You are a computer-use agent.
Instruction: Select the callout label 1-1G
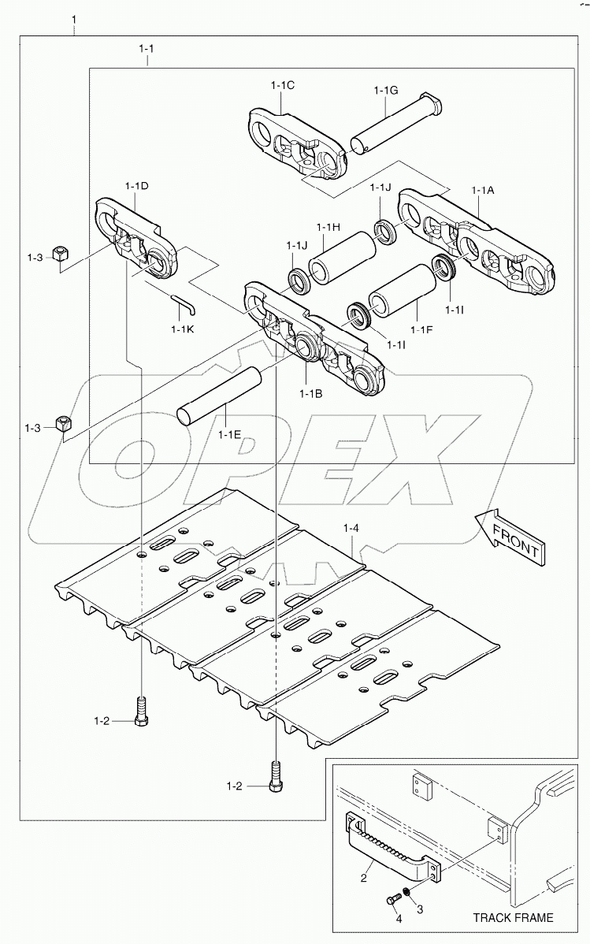point(385,90)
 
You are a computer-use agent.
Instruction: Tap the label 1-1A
point(483,190)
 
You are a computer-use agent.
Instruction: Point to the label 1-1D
point(136,185)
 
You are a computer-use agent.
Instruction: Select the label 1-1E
point(229,434)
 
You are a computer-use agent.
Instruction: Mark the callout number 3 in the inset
point(420,909)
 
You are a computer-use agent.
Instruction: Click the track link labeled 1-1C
point(299,145)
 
